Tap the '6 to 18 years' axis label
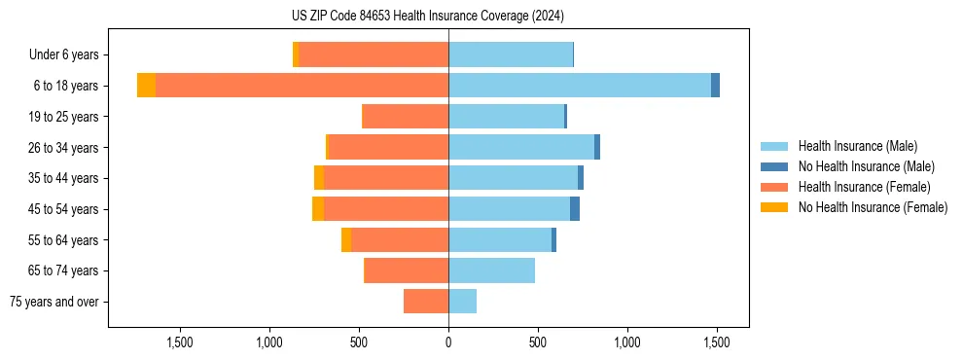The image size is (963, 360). pos(65,86)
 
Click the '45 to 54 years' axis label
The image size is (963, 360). pos(62,209)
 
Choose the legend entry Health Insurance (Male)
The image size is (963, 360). pos(857,146)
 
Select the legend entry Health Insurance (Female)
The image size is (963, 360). pos(864,187)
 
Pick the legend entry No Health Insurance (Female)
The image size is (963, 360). pos(873,207)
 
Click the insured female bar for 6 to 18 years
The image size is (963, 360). pos(302,86)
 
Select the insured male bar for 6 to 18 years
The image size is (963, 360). pos(580,86)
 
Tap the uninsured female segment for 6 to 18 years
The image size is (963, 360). pos(146,86)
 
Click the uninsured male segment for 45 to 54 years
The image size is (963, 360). pos(575,209)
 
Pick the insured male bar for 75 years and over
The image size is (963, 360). pos(462,302)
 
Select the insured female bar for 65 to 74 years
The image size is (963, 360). pos(406,270)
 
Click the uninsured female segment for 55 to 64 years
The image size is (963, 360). pos(346,240)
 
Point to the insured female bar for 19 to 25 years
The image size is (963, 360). pos(405,117)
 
